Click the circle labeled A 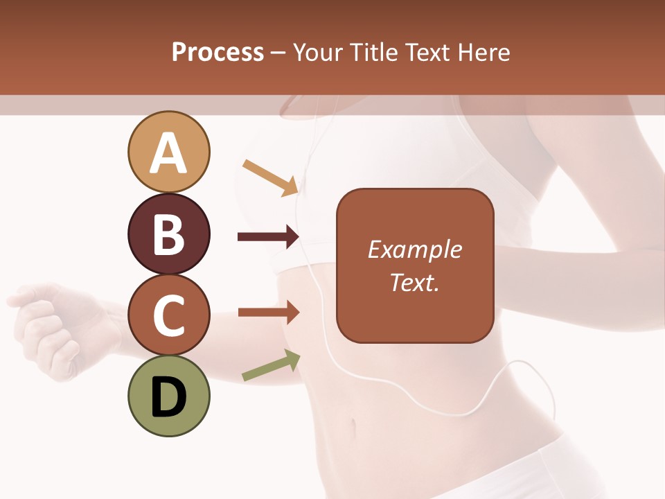tap(168, 152)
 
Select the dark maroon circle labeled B tap(168, 234)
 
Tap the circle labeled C tap(168, 315)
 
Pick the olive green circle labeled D tap(168, 396)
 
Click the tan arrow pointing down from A tap(271, 177)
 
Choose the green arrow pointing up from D tap(271, 366)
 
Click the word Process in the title tap(218, 53)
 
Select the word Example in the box tap(414, 249)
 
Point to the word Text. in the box tap(414, 282)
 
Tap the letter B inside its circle tap(168, 234)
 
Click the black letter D tap(168, 397)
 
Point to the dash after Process tap(278, 53)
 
